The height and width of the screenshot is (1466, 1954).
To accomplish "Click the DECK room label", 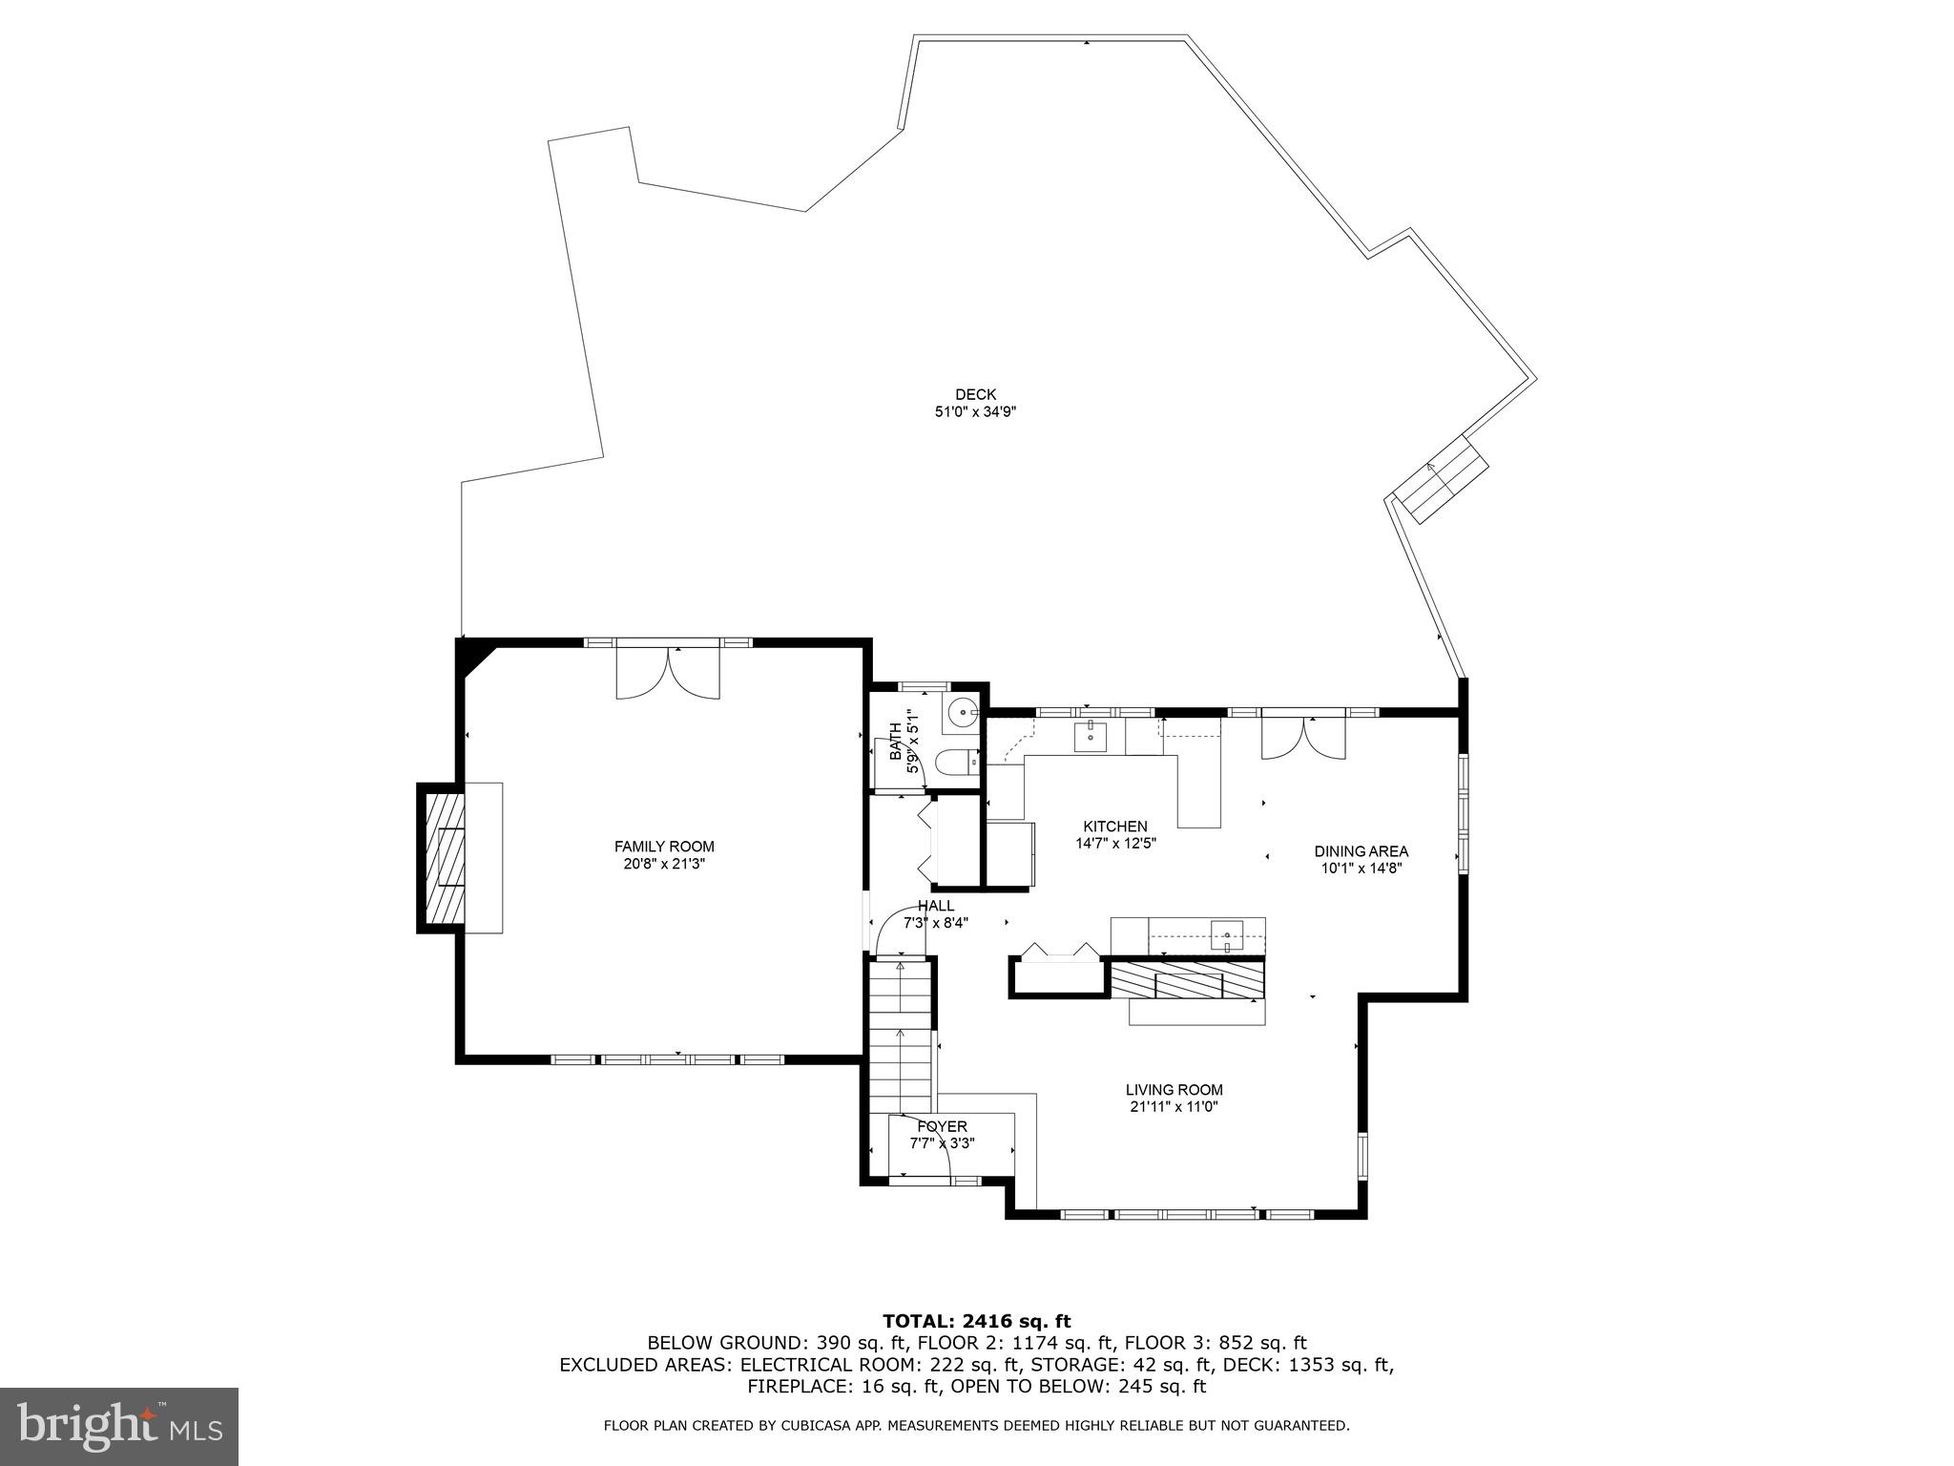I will [x=975, y=394].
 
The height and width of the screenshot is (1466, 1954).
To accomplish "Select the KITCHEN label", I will [x=1114, y=827].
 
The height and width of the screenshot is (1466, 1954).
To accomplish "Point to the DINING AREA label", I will [x=1361, y=851].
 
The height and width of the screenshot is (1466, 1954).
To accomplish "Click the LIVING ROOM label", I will [x=1174, y=1090].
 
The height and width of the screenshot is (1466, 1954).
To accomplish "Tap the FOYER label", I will [x=942, y=1126].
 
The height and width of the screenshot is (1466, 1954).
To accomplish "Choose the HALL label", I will [x=935, y=906].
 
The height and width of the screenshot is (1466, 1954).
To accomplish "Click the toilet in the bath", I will [x=956, y=762].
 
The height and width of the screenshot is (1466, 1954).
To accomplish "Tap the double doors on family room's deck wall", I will [x=668, y=673].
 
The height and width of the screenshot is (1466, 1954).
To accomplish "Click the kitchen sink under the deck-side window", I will [x=1091, y=736].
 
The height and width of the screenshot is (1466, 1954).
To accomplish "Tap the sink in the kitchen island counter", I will [x=1227, y=934].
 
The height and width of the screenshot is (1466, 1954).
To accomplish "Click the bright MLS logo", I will [x=119, y=1426].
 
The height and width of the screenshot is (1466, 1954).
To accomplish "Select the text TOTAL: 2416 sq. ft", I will [x=976, y=1322].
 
